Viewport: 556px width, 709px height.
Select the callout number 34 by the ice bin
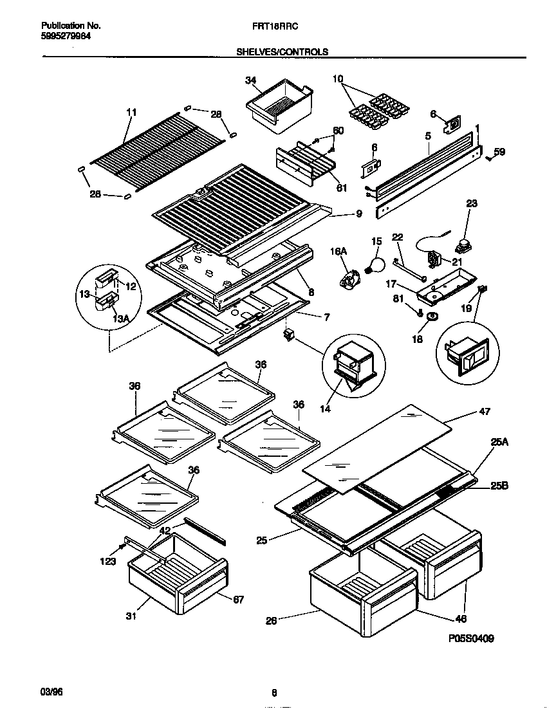(x=251, y=80)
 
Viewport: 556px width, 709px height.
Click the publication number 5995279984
(x=66, y=36)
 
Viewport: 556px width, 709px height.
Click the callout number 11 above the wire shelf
(x=131, y=112)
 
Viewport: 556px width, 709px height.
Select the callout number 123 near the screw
(x=108, y=562)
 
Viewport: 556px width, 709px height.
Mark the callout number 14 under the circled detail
(x=326, y=409)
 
